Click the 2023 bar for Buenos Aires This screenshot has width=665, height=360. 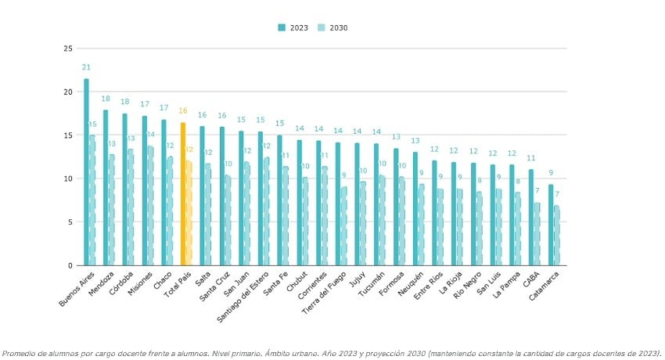86,172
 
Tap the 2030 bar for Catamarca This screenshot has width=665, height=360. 557,236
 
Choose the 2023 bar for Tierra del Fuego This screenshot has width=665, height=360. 337,203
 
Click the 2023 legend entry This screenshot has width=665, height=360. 293,27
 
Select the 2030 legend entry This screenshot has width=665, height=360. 332,27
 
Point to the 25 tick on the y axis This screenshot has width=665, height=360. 68,49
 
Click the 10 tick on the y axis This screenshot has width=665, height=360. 68,178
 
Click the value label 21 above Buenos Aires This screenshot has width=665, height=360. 86,67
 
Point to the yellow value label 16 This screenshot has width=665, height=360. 183,111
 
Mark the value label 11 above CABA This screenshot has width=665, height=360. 530,158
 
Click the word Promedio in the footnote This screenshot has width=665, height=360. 20,353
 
